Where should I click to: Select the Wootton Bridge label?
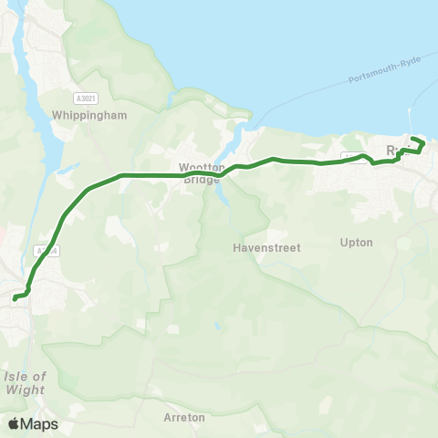[201, 173]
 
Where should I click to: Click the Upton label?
[356, 243]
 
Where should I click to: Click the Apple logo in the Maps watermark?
[14, 423]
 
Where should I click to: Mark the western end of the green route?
[15, 297]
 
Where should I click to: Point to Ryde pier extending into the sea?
[412, 124]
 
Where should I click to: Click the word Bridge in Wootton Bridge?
[201, 180]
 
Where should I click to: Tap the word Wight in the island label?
[26, 391]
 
